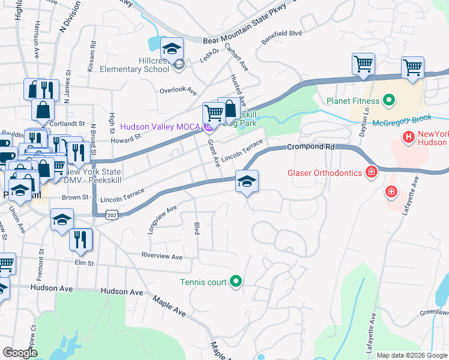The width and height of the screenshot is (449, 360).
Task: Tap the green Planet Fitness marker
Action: (x=388, y=101)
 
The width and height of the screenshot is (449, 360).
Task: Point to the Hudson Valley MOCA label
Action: (x=161, y=127)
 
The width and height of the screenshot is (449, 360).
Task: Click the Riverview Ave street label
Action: (x=161, y=256)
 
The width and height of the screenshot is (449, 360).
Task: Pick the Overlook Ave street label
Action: (x=178, y=91)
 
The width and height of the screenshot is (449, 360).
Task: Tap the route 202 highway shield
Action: (x=112, y=214)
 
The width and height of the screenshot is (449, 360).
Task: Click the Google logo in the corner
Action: (x=20, y=353)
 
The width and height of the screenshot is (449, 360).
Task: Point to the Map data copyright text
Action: (x=411, y=355)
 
